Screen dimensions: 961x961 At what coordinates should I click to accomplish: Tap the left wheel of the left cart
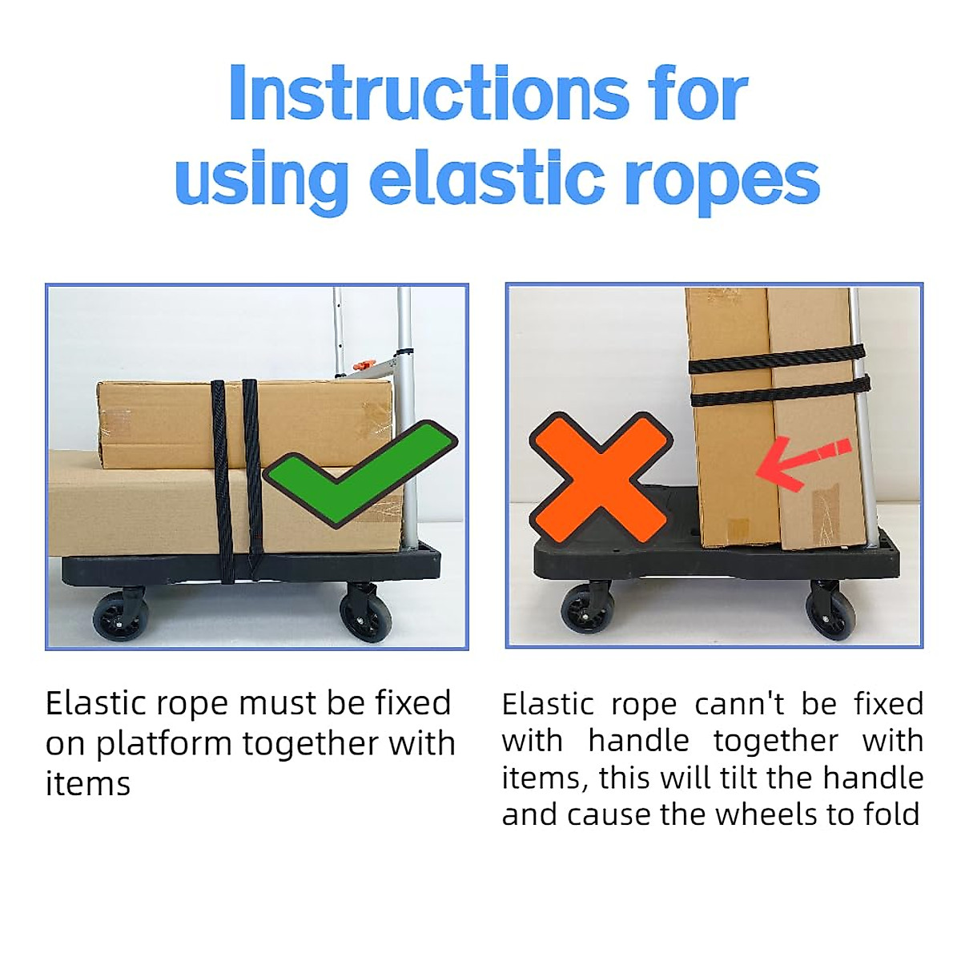point(121,617)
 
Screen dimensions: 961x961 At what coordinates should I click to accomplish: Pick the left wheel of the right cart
point(588,610)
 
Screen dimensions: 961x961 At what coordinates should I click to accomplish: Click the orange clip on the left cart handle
point(363,367)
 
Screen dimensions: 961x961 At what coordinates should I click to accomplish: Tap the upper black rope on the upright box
point(777,358)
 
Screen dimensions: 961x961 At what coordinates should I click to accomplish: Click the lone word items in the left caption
point(88,784)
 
